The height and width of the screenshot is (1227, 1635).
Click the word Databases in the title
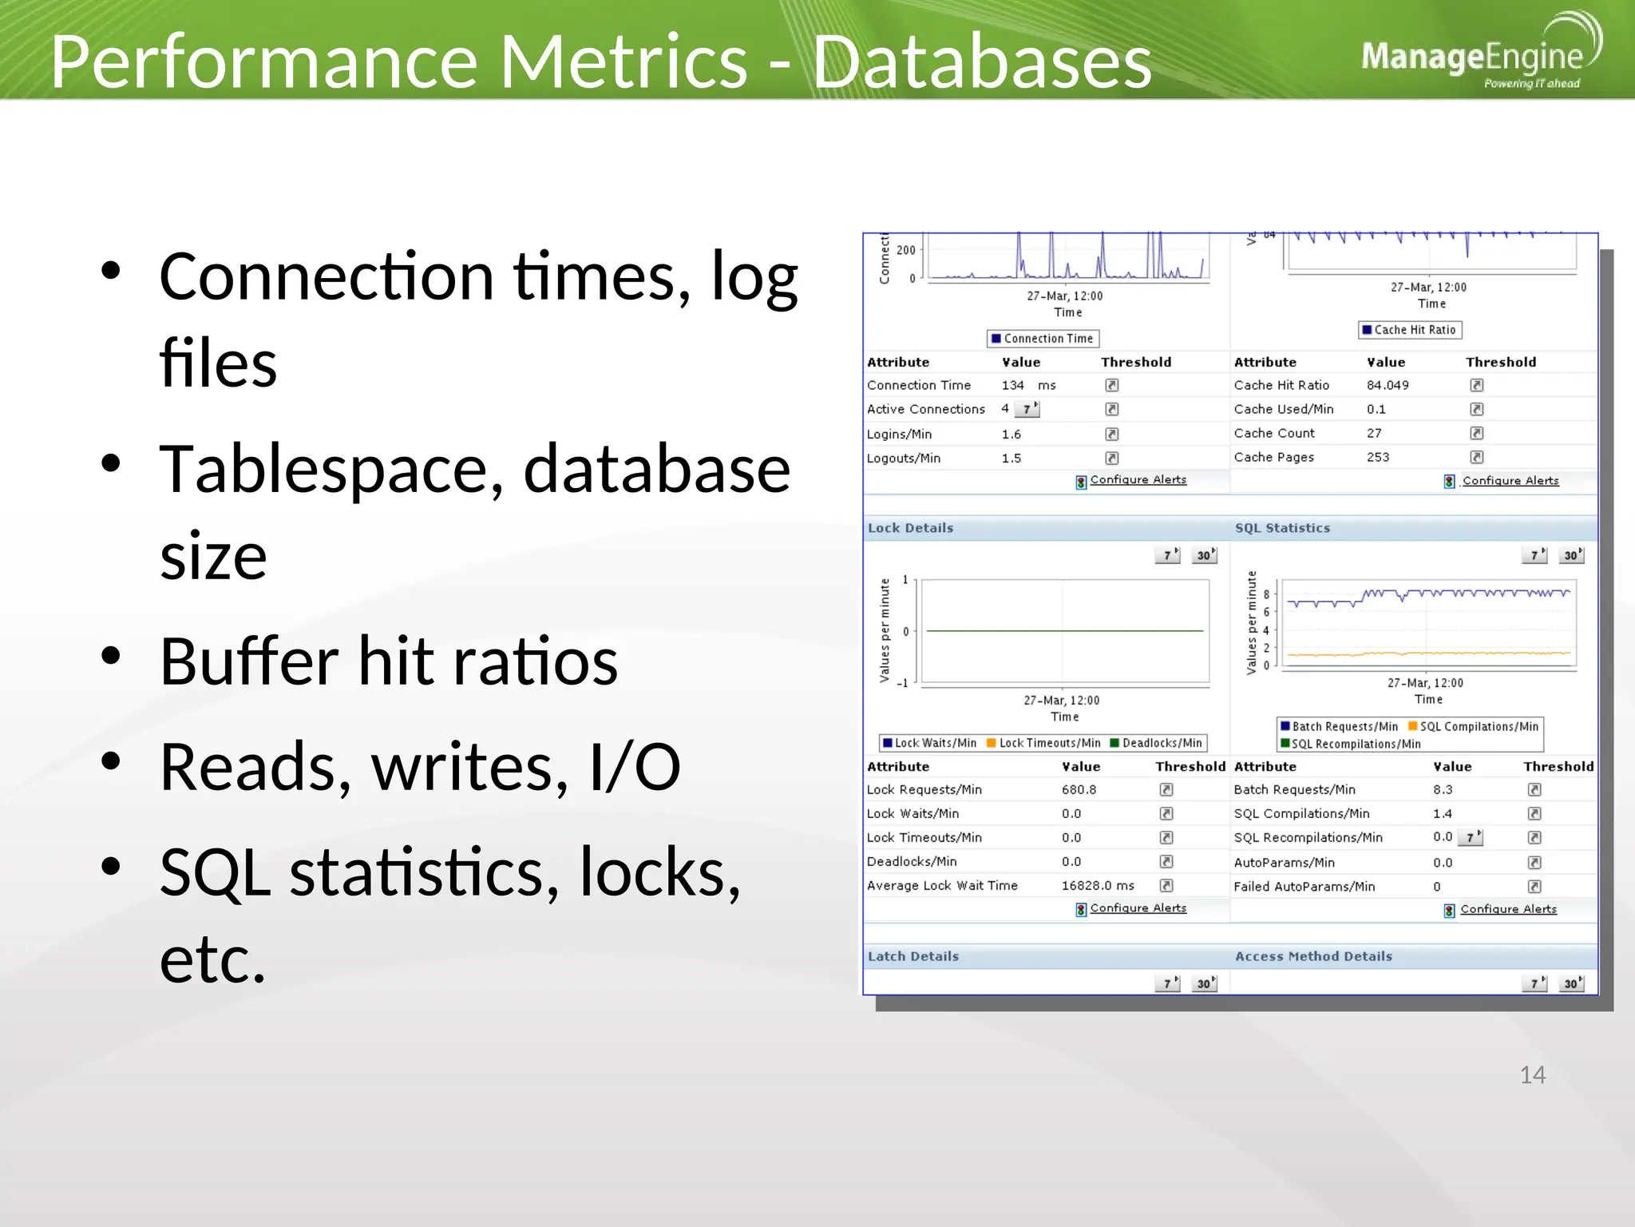coord(981,62)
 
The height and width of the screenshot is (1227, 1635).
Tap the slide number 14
coord(1531,1074)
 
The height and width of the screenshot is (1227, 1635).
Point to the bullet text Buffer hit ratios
coord(388,661)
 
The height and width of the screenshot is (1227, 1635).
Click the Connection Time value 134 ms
coord(1027,385)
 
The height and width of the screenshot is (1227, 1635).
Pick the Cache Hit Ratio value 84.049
coord(1387,385)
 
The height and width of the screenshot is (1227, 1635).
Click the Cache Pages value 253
coord(1377,457)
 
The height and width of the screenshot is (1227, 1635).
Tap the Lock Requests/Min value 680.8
coord(1079,789)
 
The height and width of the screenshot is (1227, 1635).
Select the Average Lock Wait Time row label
coord(942,885)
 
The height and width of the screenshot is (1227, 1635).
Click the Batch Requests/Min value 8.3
coord(1442,789)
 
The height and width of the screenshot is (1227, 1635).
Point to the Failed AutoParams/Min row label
coord(1304,886)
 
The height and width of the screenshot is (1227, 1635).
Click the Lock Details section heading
coord(910,528)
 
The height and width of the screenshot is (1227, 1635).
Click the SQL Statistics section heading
coord(1282,528)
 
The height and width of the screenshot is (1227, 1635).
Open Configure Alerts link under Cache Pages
coord(1510,481)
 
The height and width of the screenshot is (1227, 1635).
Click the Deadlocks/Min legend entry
coord(1161,743)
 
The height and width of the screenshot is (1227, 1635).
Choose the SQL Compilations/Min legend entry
coord(1478,726)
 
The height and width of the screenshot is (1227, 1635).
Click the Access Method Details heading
coord(1313,956)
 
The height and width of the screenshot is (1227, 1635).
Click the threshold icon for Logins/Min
coord(1111,434)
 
